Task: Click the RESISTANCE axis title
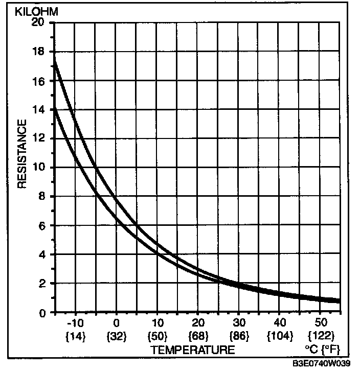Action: [22, 153]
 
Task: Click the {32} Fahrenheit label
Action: [117, 336]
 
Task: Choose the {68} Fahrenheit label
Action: [198, 336]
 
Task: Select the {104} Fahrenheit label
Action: [279, 336]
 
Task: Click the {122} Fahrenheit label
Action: [320, 336]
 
